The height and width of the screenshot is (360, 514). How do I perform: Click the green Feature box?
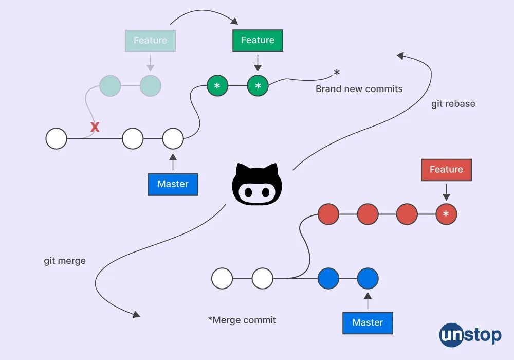[258, 41]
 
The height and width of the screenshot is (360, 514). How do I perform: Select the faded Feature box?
[150, 41]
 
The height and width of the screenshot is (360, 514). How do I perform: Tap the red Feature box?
[446, 170]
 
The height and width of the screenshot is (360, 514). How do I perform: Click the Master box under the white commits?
[173, 184]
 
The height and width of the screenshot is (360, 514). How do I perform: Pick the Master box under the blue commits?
[368, 323]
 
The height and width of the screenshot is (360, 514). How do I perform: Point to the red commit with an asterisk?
[446, 214]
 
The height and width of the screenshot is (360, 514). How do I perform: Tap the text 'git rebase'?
[453, 104]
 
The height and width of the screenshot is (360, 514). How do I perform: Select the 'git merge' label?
[65, 261]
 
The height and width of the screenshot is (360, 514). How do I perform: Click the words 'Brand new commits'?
[359, 89]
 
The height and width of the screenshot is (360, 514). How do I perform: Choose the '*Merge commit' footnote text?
[242, 320]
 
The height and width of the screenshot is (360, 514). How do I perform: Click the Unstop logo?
[470, 336]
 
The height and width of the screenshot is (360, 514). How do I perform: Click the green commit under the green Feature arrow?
[258, 86]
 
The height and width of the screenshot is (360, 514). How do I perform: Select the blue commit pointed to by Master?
[368, 279]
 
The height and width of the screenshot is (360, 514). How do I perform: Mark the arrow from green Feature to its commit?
[258, 62]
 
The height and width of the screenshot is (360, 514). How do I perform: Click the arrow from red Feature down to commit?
[446, 191]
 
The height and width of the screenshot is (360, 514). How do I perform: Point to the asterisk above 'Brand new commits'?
[337, 73]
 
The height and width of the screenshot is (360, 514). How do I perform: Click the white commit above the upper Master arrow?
[173, 139]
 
